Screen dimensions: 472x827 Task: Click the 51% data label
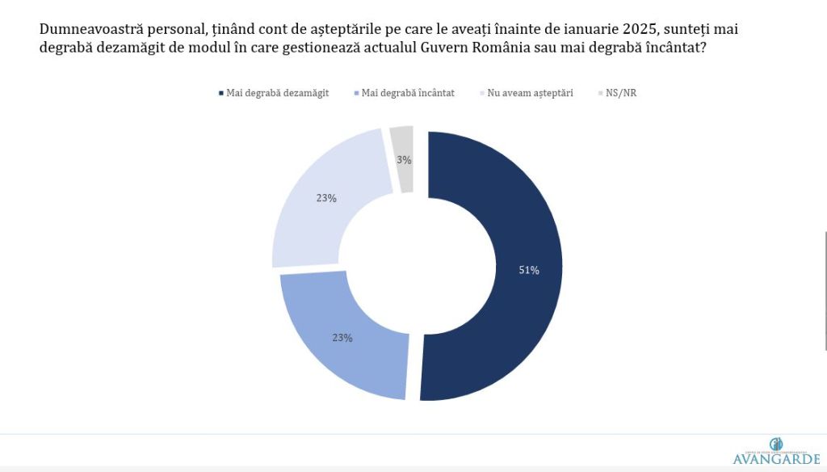click(529, 270)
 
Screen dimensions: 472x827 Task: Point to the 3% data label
click(404, 160)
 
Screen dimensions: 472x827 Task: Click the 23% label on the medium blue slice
click(342, 338)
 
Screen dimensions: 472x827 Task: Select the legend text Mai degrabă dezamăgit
click(278, 93)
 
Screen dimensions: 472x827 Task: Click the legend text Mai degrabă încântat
click(408, 93)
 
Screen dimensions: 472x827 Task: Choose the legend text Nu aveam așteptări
click(530, 93)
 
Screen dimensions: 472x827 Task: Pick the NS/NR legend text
click(622, 93)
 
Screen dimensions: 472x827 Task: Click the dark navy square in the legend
click(221, 94)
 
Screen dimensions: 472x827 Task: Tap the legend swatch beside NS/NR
click(600, 94)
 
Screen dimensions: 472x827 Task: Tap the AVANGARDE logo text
click(775, 459)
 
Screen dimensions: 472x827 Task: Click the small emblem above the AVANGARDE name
click(775, 443)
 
